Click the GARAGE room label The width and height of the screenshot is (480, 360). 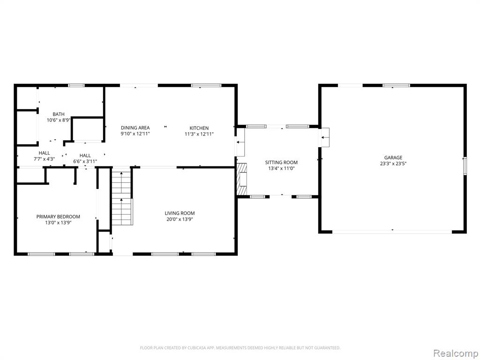(393, 157)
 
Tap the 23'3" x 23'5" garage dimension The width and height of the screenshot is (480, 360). (393, 164)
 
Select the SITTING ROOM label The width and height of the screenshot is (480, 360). (281, 162)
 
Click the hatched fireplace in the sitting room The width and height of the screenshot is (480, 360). (242, 179)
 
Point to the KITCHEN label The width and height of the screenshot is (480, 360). (199, 128)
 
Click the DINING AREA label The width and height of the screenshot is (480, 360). (135, 127)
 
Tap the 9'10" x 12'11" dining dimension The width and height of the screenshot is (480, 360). (135, 134)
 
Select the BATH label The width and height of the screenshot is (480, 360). (59, 114)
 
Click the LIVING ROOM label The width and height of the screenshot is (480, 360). (180, 213)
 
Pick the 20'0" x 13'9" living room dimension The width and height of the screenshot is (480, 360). (180, 219)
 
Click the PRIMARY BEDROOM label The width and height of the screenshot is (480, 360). (58, 217)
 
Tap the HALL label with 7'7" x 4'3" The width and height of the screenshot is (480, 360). (44, 153)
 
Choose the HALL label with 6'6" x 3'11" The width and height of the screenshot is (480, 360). (85, 155)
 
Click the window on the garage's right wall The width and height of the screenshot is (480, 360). (465, 166)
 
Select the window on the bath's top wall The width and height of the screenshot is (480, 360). (76, 85)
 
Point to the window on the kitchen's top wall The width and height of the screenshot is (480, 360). (206, 85)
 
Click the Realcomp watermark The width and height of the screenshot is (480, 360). (455, 353)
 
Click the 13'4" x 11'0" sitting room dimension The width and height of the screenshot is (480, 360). (281, 168)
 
